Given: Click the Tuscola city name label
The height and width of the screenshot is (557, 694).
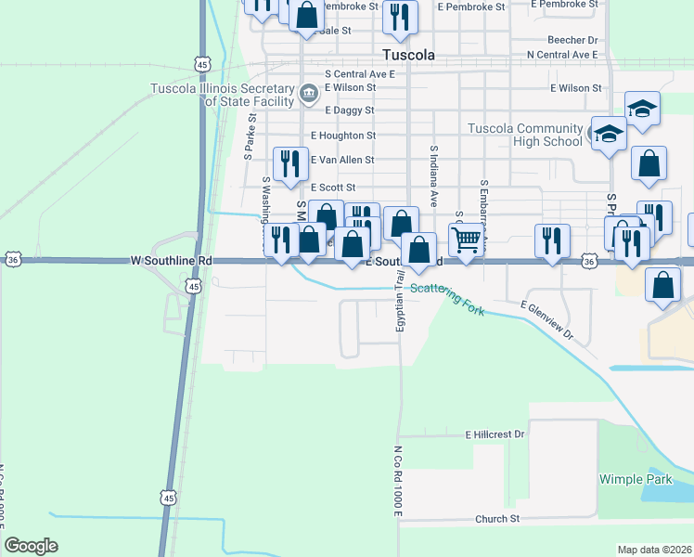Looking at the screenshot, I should [x=408, y=55].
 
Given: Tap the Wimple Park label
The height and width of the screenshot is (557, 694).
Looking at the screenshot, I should [x=635, y=479].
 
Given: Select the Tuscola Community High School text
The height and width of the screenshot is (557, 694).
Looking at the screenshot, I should [x=524, y=135].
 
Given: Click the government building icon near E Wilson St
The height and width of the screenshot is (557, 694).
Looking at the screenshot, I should [x=308, y=93].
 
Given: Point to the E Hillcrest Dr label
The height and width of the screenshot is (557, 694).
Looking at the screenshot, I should [x=495, y=434].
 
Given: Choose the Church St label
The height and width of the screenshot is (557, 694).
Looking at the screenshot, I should [x=497, y=519].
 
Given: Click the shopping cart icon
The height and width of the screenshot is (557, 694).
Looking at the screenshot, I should [x=467, y=240].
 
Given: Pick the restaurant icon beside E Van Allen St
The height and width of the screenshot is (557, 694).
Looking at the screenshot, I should [x=290, y=162].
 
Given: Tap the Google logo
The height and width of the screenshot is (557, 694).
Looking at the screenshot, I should [x=31, y=546].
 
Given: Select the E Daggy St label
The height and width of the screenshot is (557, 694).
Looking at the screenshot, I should [x=343, y=110].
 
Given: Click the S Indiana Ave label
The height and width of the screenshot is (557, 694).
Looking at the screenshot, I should [x=433, y=175].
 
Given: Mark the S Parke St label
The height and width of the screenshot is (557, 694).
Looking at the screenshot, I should [x=250, y=136].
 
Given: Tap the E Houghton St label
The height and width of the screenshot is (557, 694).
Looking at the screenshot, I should [x=343, y=136].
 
